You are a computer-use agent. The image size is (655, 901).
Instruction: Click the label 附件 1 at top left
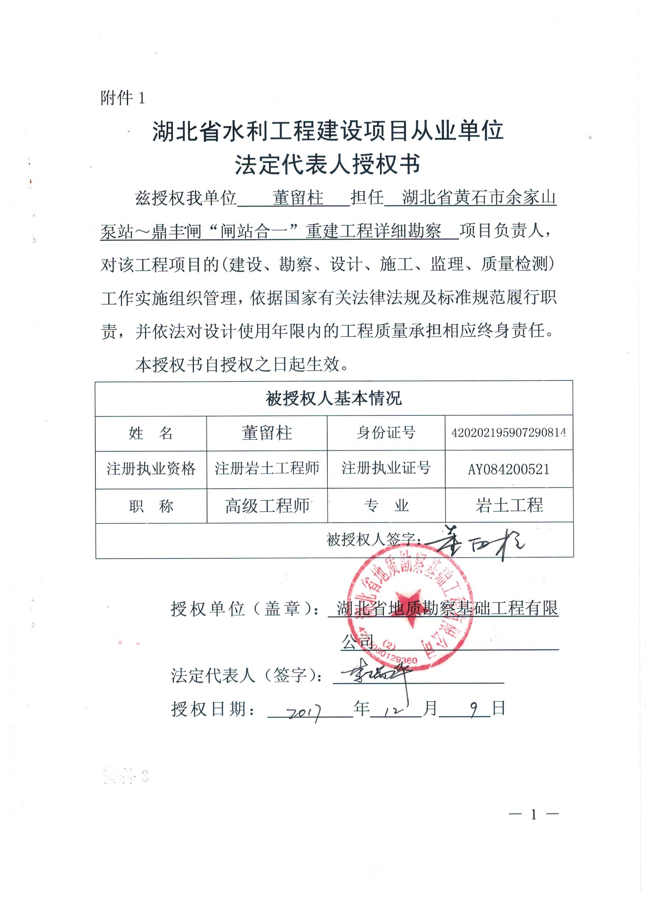click(x=123, y=98)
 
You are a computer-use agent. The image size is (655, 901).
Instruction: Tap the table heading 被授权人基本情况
click(x=334, y=398)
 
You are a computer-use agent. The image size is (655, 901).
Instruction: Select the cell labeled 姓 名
click(x=151, y=433)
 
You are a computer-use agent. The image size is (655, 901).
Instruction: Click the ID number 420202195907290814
click(x=509, y=433)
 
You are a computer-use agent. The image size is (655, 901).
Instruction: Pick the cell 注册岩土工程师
click(x=267, y=469)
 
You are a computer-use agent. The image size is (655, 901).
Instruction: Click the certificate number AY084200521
click(x=509, y=469)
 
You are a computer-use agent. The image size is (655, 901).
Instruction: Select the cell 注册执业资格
click(x=151, y=469)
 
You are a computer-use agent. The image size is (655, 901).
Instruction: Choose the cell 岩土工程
click(x=509, y=505)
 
